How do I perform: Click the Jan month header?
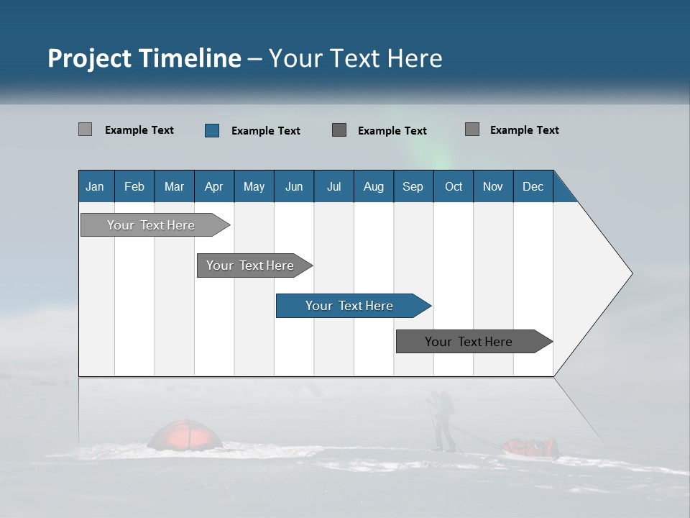coord(95,186)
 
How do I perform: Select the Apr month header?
coord(213,186)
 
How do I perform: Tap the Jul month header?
coord(333,186)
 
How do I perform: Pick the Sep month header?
coord(413,186)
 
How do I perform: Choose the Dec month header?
coord(533,186)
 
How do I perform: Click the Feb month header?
coord(134,186)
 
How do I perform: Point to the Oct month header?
coord(454,186)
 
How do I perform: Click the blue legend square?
coord(212,130)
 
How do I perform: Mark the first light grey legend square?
coord(85,129)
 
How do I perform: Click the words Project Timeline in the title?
coord(144,58)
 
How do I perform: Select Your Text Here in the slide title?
coord(355,58)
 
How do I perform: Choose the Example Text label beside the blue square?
coord(265,131)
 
